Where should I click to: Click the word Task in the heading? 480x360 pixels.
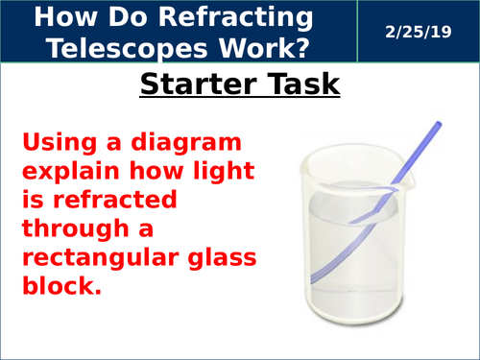coord(298,85)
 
